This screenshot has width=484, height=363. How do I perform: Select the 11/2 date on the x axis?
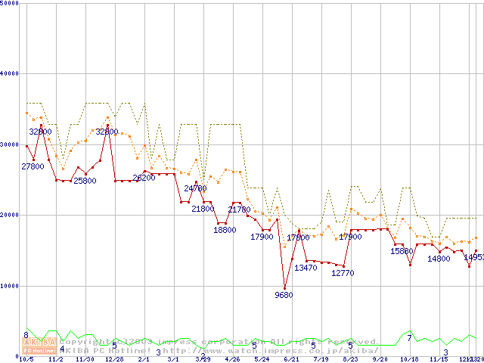[56, 360]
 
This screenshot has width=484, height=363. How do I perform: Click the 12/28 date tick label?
[114, 360]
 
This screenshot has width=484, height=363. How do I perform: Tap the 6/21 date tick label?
[291, 360]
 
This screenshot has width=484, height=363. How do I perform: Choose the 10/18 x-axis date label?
[409, 360]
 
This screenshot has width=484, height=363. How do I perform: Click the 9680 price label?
[284, 295]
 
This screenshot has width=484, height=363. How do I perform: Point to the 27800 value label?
[33, 166]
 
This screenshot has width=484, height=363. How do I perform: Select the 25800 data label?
[85, 181]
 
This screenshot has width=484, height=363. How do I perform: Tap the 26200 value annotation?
[144, 178]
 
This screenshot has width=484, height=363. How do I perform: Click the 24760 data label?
[195, 188]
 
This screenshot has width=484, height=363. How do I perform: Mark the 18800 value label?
[225, 230]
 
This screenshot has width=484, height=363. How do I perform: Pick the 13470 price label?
[306, 268]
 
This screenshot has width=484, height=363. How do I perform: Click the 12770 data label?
[343, 273]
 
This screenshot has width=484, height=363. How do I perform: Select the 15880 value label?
[402, 251]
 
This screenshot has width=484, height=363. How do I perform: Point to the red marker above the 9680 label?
[284, 287]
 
